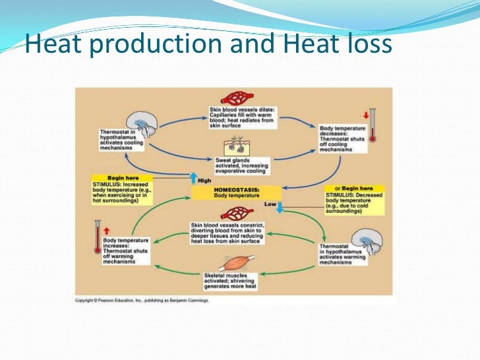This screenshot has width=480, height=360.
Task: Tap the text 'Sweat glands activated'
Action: (x=241, y=165)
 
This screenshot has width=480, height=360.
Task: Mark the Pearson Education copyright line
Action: (x=141, y=301)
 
